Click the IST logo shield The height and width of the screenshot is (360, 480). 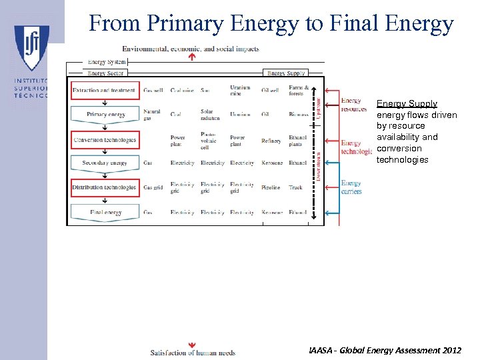(x=31, y=47)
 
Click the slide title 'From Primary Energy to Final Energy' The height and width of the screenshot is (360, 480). (x=271, y=23)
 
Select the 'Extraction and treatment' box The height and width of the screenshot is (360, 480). (x=104, y=90)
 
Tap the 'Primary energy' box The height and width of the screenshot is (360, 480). (x=105, y=115)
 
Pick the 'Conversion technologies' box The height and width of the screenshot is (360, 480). (x=105, y=140)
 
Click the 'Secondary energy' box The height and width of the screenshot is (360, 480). (x=105, y=163)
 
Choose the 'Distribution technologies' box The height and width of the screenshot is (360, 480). (x=105, y=187)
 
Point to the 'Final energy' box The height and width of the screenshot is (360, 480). (x=105, y=212)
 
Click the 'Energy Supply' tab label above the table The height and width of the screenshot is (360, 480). (x=286, y=73)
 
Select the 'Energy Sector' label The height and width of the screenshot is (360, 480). (x=106, y=73)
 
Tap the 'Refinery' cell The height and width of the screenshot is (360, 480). (x=271, y=141)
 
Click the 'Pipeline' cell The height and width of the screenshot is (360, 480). (x=271, y=188)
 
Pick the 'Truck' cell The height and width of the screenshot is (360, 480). (x=295, y=188)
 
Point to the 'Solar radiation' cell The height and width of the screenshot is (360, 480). (x=210, y=115)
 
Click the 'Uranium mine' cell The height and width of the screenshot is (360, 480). (x=239, y=91)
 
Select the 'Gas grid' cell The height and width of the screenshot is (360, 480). (x=153, y=188)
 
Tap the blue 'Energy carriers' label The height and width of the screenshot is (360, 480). (x=351, y=187)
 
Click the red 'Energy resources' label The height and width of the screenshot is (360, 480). (x=353, y=105)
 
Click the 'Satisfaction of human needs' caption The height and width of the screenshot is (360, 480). (x=193, y=352)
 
